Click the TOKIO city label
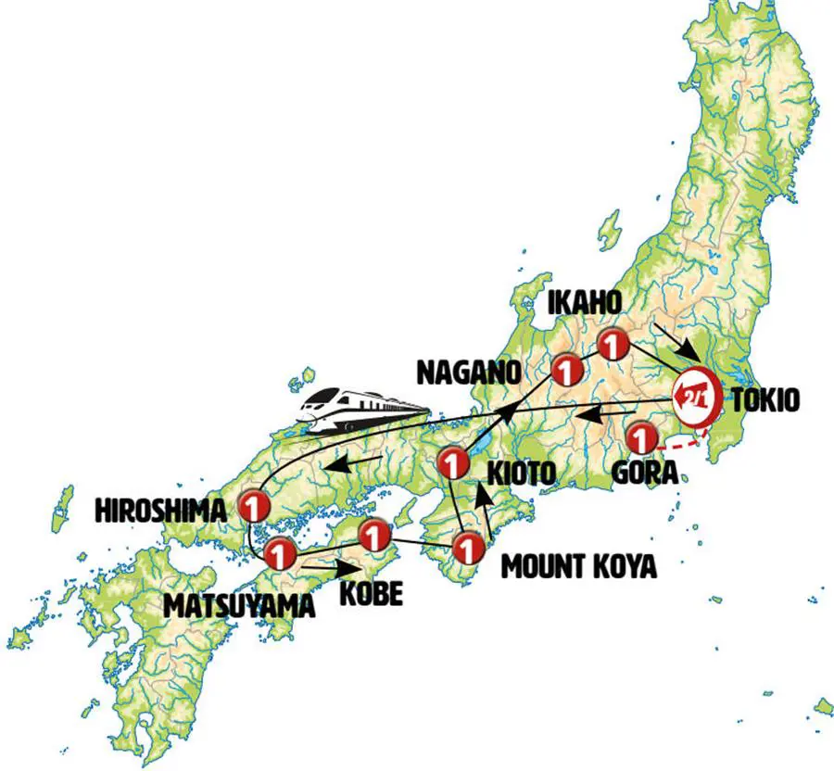tap(765, 400)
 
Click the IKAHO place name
tap(586, 303)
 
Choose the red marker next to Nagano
tap(565, 371)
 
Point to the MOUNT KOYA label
tap(578, 565)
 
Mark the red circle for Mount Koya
tap(470, 550)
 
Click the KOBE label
tap(370, 592)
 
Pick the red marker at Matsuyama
tap(279, 554)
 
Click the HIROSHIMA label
tap(160, 509)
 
